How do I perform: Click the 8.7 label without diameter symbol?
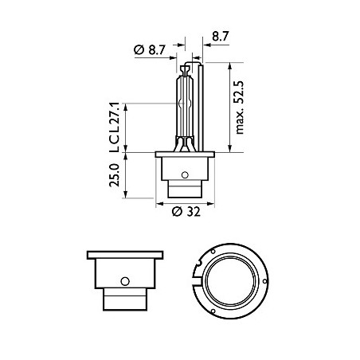[220, 37]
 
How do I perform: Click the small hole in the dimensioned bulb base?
[184, 175]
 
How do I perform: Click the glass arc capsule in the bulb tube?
[185, 104]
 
